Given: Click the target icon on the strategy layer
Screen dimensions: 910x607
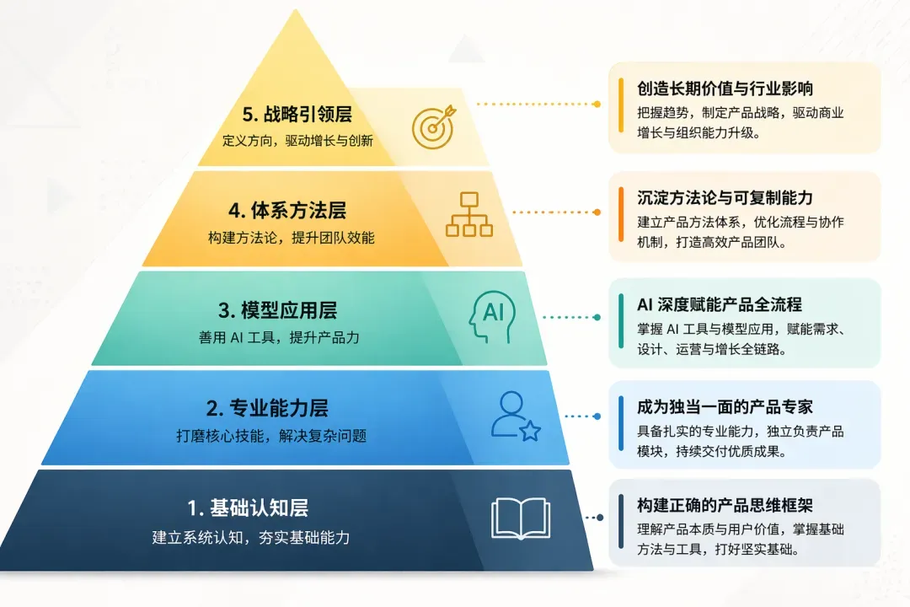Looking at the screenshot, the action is (434, 126).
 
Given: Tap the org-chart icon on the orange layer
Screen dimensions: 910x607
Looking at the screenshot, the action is (469, 214).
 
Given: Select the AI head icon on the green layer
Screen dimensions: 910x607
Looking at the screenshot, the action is (493, 317).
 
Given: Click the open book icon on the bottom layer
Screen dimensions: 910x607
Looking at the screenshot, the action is (521, 518).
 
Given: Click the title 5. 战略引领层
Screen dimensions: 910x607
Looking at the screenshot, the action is (297, 114).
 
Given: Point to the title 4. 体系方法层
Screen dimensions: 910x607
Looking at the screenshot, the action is (287, 210).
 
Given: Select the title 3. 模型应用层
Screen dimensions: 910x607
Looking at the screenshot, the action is (277, 310).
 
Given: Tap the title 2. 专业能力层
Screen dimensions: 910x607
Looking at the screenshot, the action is (267, 408).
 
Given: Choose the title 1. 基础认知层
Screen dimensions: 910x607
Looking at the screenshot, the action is (248, 508).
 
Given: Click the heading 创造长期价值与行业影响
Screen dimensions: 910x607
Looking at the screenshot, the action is (725, 89).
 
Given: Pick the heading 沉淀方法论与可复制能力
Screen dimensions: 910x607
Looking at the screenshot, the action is (725, 198).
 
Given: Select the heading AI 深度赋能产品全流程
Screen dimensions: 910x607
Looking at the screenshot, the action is (720, 304).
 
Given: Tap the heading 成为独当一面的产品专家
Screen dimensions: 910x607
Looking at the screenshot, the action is (725, 407).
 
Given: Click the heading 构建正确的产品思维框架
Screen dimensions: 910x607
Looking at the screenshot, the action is (725, 505).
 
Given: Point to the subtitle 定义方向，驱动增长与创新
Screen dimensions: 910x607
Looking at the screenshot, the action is (297, 141).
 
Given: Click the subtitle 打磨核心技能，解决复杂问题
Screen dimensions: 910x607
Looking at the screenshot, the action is (271, 436).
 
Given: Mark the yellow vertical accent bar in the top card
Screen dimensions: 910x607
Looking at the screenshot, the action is (621, 105).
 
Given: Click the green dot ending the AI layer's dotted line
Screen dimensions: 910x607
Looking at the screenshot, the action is (597, 317).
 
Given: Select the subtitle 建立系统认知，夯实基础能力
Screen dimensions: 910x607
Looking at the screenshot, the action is (251, 537).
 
